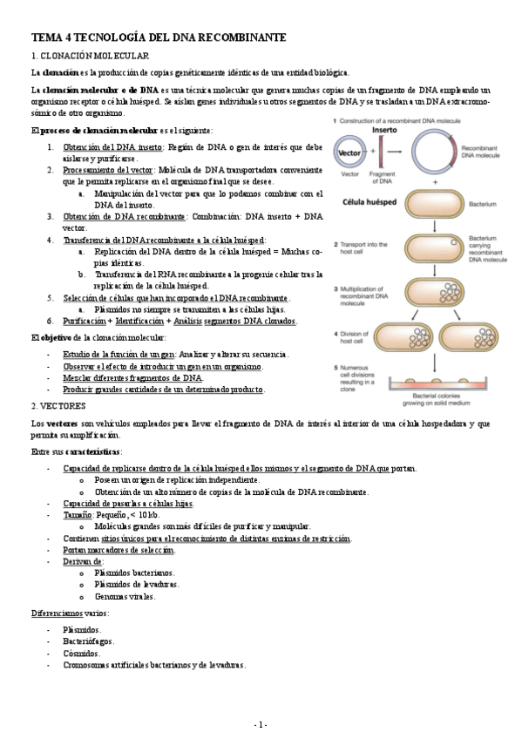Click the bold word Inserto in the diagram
pos(385,130)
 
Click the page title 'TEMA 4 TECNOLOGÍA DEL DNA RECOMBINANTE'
pos(159,38)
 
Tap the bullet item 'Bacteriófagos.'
pos(86,641)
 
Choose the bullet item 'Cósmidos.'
pos(81,653)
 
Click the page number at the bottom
pos(261,725)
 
